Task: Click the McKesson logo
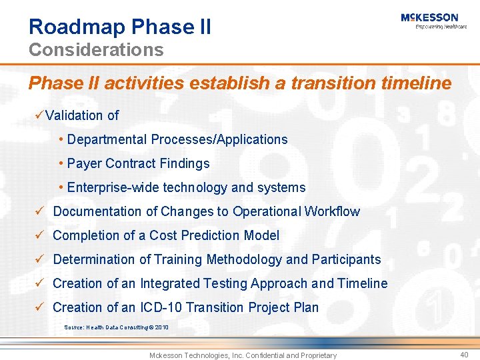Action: click(429, 17)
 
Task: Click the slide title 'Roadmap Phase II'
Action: click(120, 27)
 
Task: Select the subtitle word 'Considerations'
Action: click(96, 50)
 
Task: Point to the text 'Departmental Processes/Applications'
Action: click(177, 139)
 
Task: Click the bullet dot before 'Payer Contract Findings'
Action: click(61, 163)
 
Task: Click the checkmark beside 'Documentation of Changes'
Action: click(40, 211)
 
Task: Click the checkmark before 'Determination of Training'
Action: click(40, 259)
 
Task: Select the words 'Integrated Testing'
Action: click(194, 283)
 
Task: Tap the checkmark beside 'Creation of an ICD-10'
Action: click(40, 307)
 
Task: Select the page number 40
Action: click(464, 355)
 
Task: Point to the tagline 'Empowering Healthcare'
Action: click(441, 27)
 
